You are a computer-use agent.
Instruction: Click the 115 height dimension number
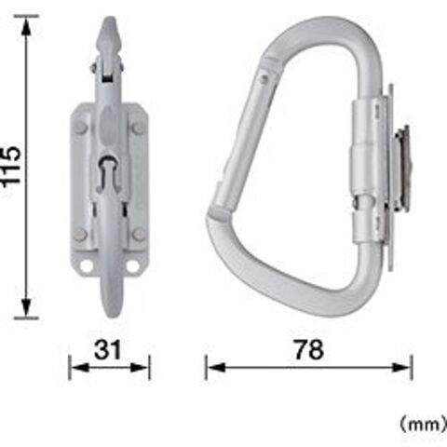(12, 166)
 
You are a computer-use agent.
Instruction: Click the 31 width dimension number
(108, 350)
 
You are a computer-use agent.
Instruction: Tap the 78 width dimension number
(309, 350)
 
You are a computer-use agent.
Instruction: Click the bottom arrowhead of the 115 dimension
(27, 307)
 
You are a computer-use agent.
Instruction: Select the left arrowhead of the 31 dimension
(80, 368)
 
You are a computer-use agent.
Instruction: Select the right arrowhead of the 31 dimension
(139, 368)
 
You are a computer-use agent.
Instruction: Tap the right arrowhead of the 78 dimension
(401, 368)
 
